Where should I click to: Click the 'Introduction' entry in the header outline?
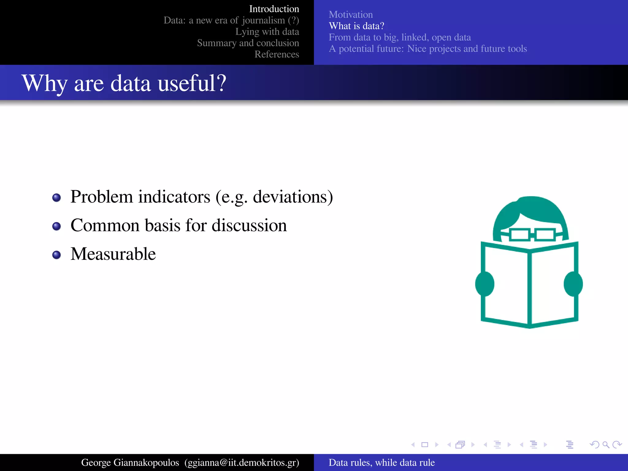click(274, 9)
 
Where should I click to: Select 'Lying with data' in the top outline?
click(267, 32)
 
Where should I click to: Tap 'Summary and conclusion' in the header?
click(248, 43)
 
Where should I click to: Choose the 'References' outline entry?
click(277, 54)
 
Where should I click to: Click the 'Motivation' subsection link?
click(350, 14)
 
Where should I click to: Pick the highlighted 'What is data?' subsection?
click(356, 26)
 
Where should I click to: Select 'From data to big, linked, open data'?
click(400, 37)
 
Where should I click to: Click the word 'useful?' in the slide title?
click(192, 83)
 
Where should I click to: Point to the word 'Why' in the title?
click(45, 83)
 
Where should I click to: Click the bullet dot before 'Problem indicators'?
click(56, 197)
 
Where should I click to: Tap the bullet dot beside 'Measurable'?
click(56, 255)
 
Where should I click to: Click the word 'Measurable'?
click(113, 254)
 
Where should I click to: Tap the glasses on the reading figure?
click(532, 235)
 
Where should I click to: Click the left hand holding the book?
click(484, 284)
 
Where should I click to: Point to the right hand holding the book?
click(573, 284)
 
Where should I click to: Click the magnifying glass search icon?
click(606, 445)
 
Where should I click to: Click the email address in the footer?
click(242, 462)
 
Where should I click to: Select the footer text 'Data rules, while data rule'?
click(381, 462)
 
